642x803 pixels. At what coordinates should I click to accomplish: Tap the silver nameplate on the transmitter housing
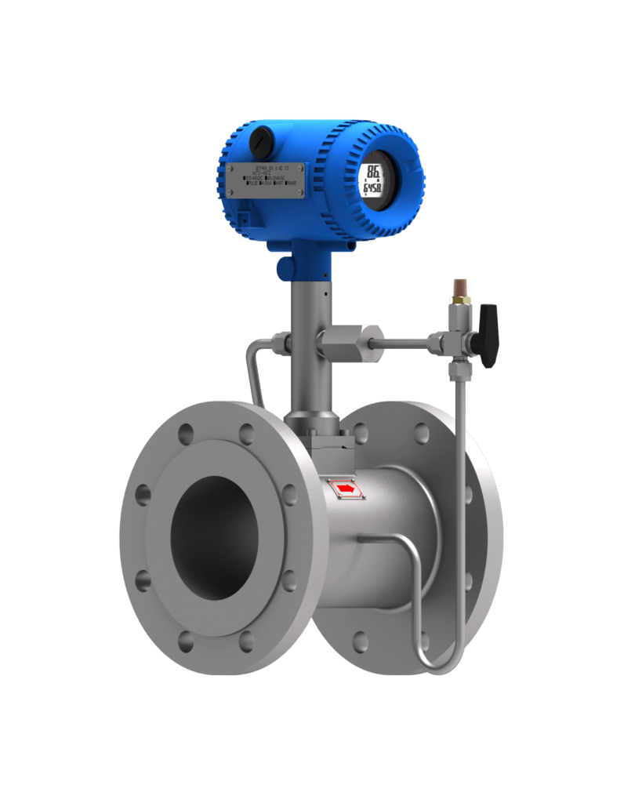coord(266,180)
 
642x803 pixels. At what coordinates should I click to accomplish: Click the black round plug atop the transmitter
coord(261,143)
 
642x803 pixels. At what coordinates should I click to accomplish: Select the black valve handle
coord(489,336)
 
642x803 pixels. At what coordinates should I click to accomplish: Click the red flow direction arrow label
coord(346,489)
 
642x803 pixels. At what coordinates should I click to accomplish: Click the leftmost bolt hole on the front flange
coord(143,494)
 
